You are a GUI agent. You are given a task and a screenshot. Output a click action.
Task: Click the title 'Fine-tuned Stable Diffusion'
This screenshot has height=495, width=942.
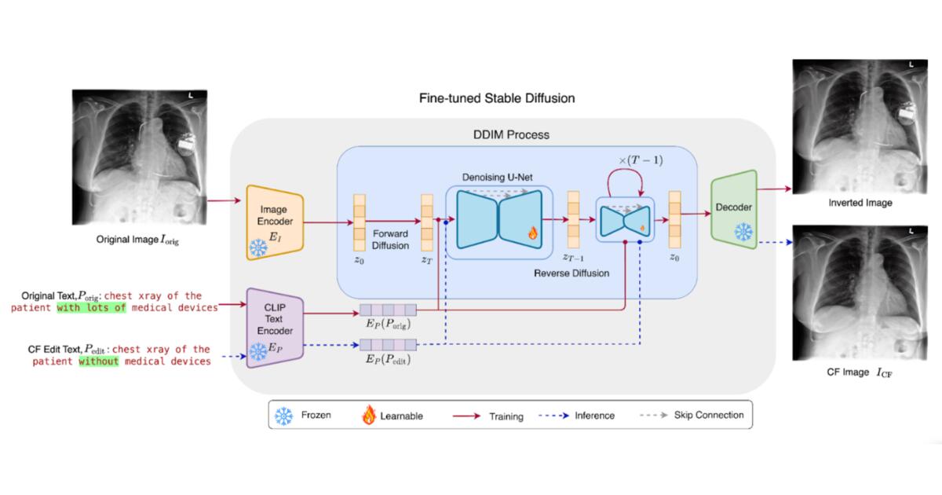click(x=498, y=99)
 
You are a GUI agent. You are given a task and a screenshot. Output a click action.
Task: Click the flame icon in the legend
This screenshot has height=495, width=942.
click(x=368, y=415)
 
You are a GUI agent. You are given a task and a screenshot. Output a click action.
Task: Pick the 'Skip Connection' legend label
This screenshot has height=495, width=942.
click(x=709, y=415)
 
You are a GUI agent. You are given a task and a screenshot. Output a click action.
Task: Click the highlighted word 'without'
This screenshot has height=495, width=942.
click(x=98, y=361)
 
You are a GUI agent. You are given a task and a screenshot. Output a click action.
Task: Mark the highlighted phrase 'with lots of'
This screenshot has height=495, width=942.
click(x=91, y=308)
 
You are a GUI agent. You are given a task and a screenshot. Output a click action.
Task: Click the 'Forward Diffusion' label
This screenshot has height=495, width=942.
click(x=389, y=240)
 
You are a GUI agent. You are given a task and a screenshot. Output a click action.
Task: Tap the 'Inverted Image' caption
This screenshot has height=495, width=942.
click(x=861, y=203)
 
